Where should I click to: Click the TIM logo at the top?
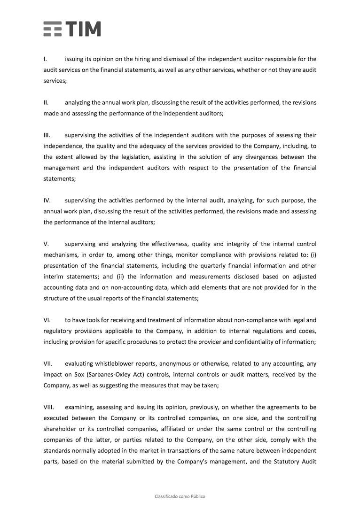[x=72, y=29]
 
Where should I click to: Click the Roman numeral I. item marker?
[x=45, y=59]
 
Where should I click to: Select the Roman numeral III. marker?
[x=47, y=135]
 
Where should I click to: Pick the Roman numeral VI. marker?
[x=47, y=320]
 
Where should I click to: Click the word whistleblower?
[x=115, y=363]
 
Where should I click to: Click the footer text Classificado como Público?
[x=180, y=496]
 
